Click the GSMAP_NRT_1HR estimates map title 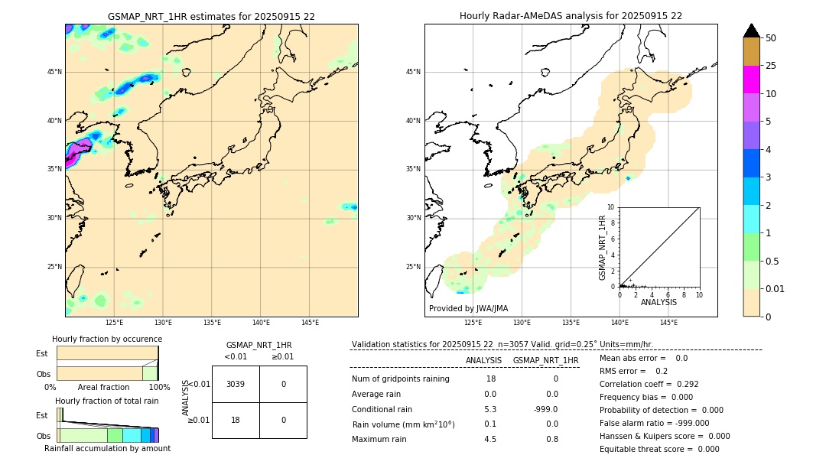pos(211,16)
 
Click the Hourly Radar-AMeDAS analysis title pos(571,16)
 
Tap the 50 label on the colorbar pos(771,38)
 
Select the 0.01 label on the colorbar pos(776,289)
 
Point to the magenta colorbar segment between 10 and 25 pos(751,80)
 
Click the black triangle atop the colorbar pos(751,31)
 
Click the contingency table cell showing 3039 pos(236,384)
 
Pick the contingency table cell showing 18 pos(236,420)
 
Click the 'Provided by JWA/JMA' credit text pos(468,309)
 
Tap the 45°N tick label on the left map pos(54,72)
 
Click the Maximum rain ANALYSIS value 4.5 pos(490,439)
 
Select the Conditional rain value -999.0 pos(546,409)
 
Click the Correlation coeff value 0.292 pos(683,384)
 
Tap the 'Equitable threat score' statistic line pos(659,449)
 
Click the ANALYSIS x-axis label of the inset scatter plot pos(659,302)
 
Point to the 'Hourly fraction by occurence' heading pos(107,339)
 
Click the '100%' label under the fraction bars pos(159,388)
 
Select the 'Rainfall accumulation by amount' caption pos(107,449)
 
